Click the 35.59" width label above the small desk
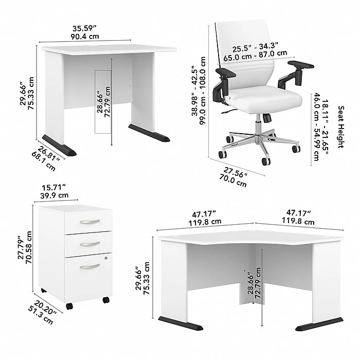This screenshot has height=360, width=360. (x=84, y=29)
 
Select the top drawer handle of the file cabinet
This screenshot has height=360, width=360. (x=90, y=222)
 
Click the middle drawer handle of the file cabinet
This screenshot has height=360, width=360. (x=90, y=244)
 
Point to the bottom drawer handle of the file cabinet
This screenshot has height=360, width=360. (x=90, y=266)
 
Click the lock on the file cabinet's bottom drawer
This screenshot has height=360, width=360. (x=105, y=258)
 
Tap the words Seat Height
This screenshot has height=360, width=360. (x=341, y=127)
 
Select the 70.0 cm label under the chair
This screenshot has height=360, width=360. (x=233, y=181)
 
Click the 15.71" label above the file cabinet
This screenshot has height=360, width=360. (x=54, y=188)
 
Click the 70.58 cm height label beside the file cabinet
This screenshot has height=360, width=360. (x=29, y=247)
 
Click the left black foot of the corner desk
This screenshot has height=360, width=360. (x=181, y=323)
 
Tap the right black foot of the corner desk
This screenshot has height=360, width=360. (x=319, y=323)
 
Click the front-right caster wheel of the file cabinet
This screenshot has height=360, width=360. (x=106, y=300)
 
